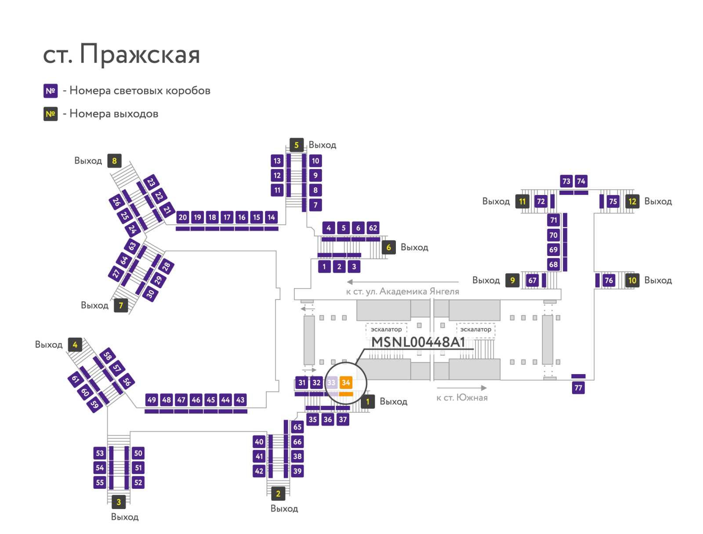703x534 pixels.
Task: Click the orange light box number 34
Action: point(346,382)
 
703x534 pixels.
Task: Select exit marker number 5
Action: point(296,145)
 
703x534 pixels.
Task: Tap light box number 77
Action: point(578,388)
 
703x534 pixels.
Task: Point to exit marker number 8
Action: point(114,161)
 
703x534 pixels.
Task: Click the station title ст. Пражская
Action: point(121,54)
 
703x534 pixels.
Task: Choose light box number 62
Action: point(373,228)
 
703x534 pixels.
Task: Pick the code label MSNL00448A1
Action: point(418,342)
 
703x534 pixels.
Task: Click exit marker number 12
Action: point(632,201)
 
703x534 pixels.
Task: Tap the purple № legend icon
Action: point(51,91)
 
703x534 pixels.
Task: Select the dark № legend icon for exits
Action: point(51,114)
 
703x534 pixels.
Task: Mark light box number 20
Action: point(182,217)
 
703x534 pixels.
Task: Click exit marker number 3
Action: point(119,502)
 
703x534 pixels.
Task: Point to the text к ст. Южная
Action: point(462,398)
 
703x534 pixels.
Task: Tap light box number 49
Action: point(152,400)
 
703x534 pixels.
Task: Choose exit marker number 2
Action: point(278,494)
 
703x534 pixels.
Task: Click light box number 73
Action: point(566,181)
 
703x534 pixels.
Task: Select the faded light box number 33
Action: point(331,382)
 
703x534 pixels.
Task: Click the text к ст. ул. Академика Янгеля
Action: point(402,292)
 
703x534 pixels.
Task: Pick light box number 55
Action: point(100,483)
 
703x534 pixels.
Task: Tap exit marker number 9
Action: point(512,280)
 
